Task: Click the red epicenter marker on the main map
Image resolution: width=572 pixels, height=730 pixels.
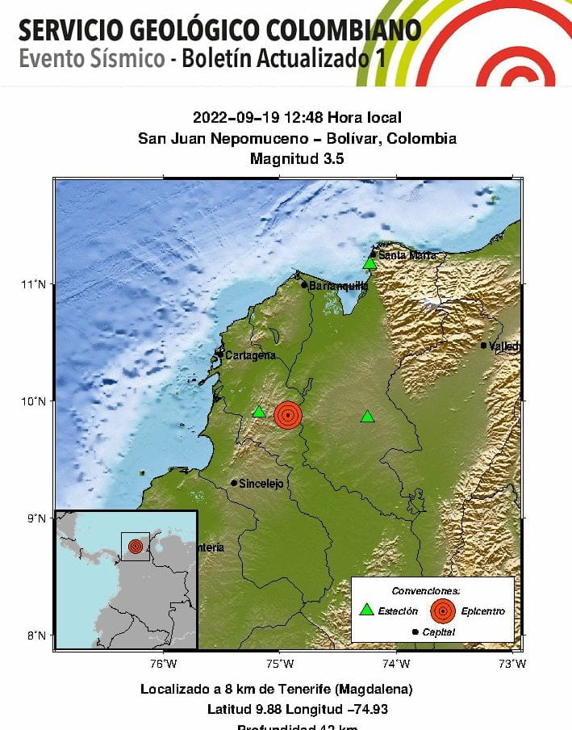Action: pos(288,414)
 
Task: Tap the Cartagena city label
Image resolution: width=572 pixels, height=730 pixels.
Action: pos(250,355)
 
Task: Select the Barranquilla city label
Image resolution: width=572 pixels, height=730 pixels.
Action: pos(339,285)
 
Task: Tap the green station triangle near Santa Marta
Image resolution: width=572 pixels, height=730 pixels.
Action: pos(370,263)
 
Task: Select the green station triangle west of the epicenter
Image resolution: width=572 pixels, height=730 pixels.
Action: pos(259,412)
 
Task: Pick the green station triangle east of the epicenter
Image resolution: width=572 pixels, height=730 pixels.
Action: pos(367,417)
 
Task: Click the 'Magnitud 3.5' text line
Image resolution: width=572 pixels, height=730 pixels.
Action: pos(297,159)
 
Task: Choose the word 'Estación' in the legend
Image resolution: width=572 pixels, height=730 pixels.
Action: pos(399,611)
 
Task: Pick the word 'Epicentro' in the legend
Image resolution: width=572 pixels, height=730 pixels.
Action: pos(483,611)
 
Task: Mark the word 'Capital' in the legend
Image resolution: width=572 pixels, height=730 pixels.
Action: pos(439,632)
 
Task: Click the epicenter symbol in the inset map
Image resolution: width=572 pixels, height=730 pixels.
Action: pos(135,546)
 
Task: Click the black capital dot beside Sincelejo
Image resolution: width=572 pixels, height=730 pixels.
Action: pos(234,483)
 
